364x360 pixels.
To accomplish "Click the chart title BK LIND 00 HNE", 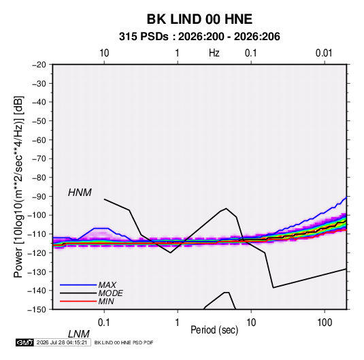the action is point(199,19).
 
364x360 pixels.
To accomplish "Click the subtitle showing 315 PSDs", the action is point(199,37).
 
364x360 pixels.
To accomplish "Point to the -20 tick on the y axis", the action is point(39,65).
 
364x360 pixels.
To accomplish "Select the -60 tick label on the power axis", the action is point(39,140).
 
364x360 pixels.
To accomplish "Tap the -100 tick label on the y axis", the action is point(37,215).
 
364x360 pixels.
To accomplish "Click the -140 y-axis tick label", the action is point(37,291).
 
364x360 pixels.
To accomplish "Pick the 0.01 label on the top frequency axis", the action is point(324,53).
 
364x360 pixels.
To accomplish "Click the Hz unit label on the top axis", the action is point(214,53).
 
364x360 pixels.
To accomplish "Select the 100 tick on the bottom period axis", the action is point(325,323).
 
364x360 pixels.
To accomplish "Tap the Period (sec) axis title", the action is point(214,330).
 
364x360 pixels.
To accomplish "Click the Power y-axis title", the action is point(18,186).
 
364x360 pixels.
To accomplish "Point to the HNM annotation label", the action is point(80,193).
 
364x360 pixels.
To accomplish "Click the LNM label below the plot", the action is point(79,334).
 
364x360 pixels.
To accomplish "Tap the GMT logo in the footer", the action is point(24,342).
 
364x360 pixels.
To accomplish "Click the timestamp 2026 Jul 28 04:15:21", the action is point(62,342).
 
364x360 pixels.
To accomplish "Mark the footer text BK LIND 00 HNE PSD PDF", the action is point(124,342).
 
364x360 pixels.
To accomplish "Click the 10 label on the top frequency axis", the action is point(104,53).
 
